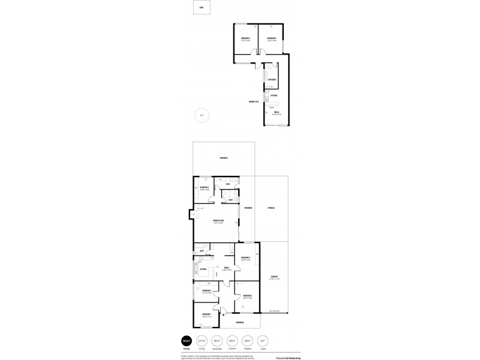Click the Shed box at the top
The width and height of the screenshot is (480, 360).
[x=201, y=8]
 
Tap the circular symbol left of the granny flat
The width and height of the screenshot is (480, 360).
[x=202, y=116]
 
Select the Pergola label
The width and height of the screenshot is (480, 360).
[x=271, y=208]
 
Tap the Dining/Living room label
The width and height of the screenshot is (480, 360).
[x=218, y=223]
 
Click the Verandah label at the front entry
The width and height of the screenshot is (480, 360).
[x=239, y=323]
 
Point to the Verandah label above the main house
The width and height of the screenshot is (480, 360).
[x=223, y=158]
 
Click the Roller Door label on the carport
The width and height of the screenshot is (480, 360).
[x=275, y=311]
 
